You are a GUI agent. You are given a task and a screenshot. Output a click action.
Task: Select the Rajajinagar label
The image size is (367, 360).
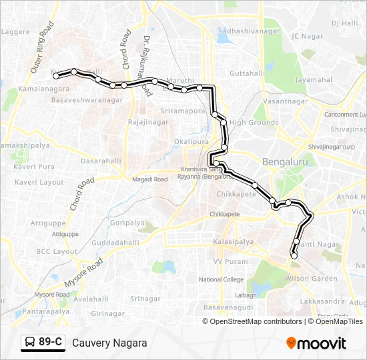(147, 123)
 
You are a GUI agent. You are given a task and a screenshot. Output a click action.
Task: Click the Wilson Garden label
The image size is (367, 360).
(308, 278)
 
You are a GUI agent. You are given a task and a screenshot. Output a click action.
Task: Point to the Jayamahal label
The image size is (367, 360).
(314, 80)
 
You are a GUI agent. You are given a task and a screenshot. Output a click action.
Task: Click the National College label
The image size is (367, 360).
(222, 279)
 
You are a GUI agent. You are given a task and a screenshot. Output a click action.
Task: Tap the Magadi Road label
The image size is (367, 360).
(151, 179)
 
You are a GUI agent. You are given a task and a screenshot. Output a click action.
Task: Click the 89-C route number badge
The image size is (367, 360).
(43, 343)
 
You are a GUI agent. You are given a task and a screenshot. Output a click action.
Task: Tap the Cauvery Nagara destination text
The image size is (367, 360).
(109, 343)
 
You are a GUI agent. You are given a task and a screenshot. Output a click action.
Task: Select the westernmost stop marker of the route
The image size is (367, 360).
(56, 75)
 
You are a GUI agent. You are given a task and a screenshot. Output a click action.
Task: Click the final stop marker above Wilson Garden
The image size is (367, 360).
(294, 255)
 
